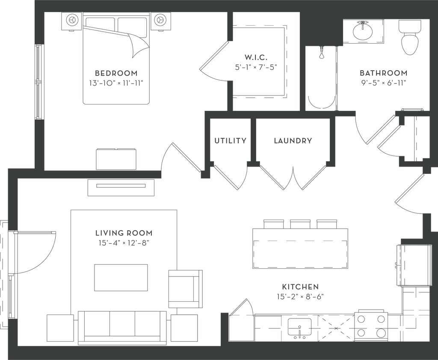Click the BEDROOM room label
point(116,72)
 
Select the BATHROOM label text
point(384,72)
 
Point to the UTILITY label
point(231,140)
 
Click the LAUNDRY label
point(293,140)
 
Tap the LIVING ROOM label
point(124,233)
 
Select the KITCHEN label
point(300,286)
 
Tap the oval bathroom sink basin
point(362,31)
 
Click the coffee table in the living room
point(121,278)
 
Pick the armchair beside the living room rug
point(184,289)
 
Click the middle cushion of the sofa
point(124,327)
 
